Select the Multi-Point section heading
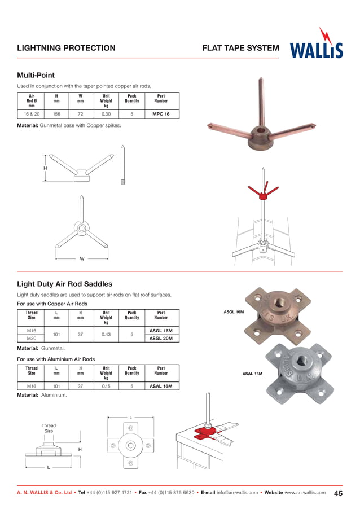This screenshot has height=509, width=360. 36,75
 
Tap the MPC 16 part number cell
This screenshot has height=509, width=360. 161,113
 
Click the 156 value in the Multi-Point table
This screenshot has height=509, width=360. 56,113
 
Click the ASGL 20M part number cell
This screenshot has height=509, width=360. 161,338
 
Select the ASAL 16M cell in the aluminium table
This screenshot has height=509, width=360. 161,387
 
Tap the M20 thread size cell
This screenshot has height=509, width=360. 32,338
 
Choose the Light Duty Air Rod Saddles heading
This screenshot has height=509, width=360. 64,284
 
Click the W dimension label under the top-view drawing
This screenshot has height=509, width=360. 82,259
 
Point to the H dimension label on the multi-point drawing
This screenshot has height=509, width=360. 45,168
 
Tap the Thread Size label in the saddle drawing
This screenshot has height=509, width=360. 49,428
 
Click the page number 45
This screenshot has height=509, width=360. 339,493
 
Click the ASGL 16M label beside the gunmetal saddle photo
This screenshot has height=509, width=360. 234,311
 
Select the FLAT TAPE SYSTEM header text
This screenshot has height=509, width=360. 240,48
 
